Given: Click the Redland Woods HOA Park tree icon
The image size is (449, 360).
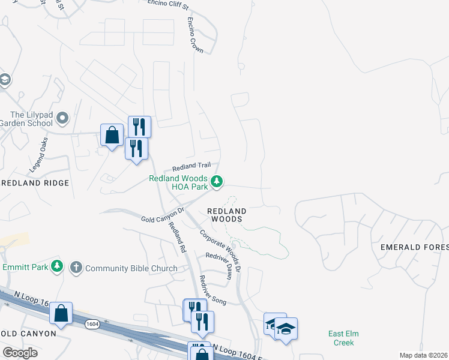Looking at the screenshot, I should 217,181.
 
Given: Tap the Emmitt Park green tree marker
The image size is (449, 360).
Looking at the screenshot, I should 57,266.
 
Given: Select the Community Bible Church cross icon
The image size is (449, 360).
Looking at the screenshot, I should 76,267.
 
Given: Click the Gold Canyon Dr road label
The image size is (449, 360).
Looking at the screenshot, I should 162,216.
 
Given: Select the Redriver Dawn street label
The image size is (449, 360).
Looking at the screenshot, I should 218,265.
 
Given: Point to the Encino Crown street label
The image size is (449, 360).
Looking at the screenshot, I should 195,35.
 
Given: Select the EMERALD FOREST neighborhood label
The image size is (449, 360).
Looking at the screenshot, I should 415,247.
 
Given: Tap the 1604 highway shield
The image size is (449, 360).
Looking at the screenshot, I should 92,324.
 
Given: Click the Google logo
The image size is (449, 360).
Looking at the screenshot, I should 20,353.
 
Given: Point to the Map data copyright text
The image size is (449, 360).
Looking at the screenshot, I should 423,355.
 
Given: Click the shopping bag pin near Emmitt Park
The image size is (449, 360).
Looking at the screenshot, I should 61,313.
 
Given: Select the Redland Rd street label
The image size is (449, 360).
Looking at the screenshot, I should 176,236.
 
